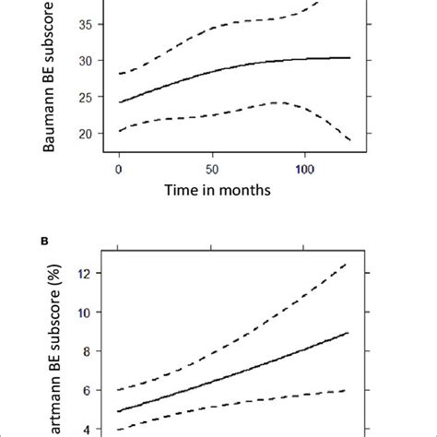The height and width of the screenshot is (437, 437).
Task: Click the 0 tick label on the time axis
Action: (x=119, y=171)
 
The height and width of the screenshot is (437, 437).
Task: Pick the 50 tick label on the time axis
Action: (x=211, y=171)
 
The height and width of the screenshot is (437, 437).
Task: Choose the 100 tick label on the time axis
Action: (x=304, y=171)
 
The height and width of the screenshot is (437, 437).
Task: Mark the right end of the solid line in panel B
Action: (x=348, y=333)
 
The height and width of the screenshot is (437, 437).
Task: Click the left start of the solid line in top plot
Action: (x=119, y=101)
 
